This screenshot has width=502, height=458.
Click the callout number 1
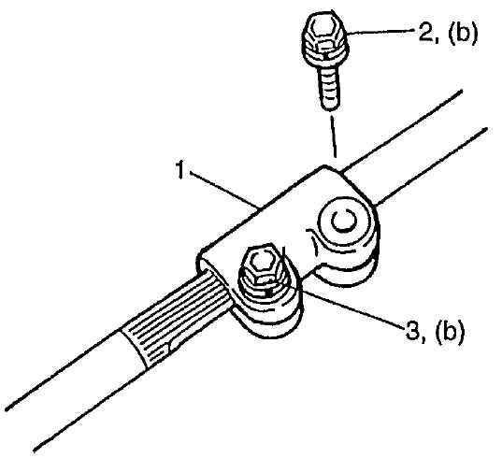(x=180, y=170)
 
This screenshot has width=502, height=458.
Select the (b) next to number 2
(x=463, y=34)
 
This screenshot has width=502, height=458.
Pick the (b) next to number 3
(x=450, y=332)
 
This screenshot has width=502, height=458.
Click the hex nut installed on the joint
(x=263, y=265)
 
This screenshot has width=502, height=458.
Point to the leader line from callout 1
(x=223, y=189)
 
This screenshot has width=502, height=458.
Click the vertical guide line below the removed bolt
(x=333, y=136)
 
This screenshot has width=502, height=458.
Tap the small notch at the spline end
(x=169, y=348)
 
